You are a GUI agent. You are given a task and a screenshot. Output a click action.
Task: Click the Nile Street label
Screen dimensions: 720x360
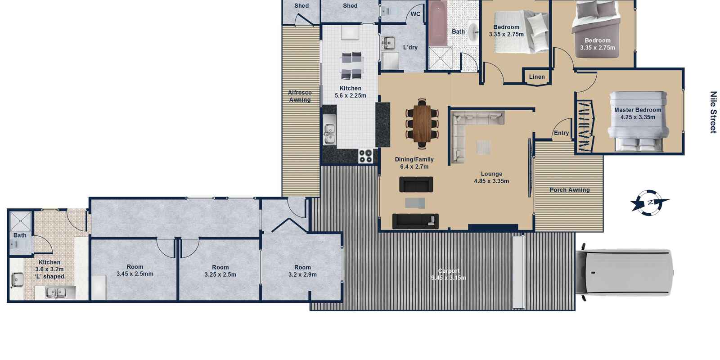tap(713, 112)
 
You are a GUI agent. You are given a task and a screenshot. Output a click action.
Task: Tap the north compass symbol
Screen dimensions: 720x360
tap(650, 203)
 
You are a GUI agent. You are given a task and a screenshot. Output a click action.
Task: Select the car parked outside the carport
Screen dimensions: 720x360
tap(624, 272)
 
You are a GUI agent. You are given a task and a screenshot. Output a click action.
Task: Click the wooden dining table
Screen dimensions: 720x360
tap(422, 123)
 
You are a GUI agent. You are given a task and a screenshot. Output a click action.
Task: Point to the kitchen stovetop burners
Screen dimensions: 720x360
tap(366, 156)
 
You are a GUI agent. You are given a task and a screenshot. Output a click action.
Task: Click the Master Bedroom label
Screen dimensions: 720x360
tap(638, 110)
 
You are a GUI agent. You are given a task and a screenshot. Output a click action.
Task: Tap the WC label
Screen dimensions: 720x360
tap(415, 14)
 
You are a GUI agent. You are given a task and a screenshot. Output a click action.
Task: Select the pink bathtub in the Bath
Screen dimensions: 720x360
tap(438, 23)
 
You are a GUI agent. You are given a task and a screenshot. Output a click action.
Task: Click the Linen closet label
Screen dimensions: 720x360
tap(537, 77)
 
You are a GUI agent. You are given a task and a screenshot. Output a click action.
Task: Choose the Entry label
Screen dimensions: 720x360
tap(561, 133)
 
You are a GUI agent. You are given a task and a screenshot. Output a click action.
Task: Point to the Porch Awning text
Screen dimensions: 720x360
tap(570, 190)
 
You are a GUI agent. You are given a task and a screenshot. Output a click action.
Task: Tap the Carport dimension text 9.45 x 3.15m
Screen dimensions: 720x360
tap(448, 278)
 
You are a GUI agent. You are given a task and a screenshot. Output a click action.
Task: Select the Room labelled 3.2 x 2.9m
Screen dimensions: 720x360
tap(302, 267)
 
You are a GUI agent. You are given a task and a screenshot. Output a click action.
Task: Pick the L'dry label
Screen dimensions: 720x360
tap(410, 48)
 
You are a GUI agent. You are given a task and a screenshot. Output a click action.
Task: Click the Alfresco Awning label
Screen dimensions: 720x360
tap(300, 96)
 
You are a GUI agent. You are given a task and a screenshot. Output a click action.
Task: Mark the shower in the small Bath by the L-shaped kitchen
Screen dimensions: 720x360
tap(21, 221)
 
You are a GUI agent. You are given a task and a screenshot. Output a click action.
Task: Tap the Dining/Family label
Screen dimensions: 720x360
tap(414, 159)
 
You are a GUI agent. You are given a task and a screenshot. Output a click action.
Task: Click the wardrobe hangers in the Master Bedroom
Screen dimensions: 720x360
tap(585, 126)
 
